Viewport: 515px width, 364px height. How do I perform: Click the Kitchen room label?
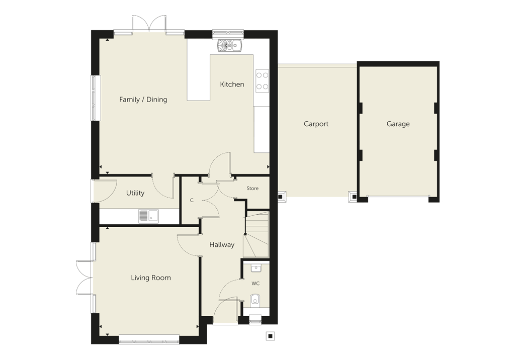pyautogui.click(x=232, y=84)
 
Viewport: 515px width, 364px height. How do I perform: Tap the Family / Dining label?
pyautogui.click(x=143, y=100)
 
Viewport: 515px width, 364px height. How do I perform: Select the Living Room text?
pyautogui.click(x=151, y=278)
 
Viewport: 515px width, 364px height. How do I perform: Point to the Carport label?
pyautogui.click(x=316, y=124)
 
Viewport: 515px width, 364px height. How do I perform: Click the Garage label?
pyautogui.click(x=398, y=124)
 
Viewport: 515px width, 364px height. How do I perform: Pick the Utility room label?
pyautogui.click(x=135, y=193)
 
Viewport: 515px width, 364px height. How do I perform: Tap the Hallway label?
pyautogui.click(x=222, y=244)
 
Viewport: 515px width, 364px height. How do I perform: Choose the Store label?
pyautogui.click(x=252, y=189)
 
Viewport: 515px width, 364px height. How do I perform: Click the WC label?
pyautogui.click(x=255, y=284)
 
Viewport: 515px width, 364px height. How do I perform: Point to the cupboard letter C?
pyautogui.click(x=192, y=200)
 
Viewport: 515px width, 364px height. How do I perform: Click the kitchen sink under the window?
pyautogui.click(x=229, y=45)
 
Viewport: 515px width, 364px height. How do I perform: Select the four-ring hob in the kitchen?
pyautogui.click(x=262, y=81)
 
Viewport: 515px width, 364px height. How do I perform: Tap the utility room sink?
pyautogui.click(x=148, y=216)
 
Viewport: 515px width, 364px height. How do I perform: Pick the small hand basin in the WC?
pyautogui.click(x=256, y=269)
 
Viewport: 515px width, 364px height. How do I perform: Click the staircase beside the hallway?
pyautogui.click(x=256, y=234)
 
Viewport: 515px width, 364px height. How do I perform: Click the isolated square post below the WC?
pyautogui.click(x=270, y=336)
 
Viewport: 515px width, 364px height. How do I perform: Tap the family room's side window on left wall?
pyautogui.click(x=96, y=98)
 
